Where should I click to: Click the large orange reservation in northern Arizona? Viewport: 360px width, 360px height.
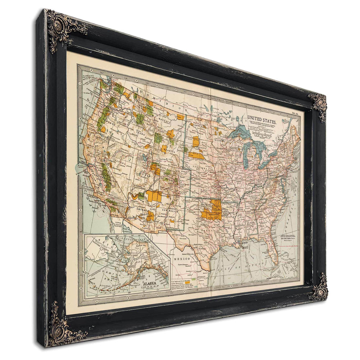tap(154, 196)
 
